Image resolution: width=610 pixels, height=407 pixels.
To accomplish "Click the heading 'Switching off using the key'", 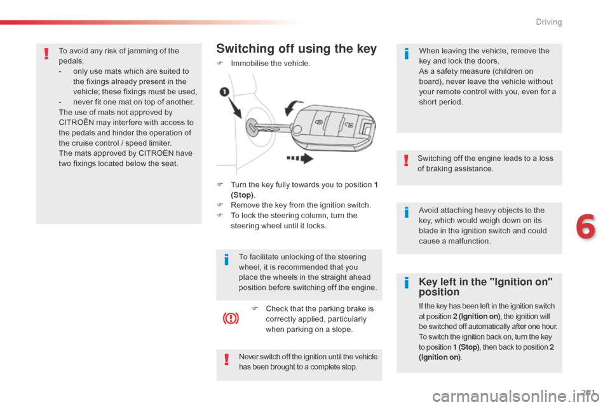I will [296, 49].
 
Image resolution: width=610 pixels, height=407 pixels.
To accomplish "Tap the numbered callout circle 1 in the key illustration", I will [223, 93].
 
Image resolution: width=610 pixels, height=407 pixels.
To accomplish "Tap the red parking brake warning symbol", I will [230, 319].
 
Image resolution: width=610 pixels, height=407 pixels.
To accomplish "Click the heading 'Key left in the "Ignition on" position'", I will [486, 287].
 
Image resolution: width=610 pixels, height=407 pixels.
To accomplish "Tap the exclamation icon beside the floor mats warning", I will [46, 53].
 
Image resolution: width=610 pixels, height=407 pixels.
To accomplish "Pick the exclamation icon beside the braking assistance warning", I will [405, 161].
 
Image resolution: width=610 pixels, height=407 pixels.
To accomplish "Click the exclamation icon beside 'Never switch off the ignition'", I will [226, 361].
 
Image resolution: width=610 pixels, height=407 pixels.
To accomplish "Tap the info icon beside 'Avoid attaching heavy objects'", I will [407, 212].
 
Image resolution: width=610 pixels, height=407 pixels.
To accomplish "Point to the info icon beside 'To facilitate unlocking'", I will [226, 259].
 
